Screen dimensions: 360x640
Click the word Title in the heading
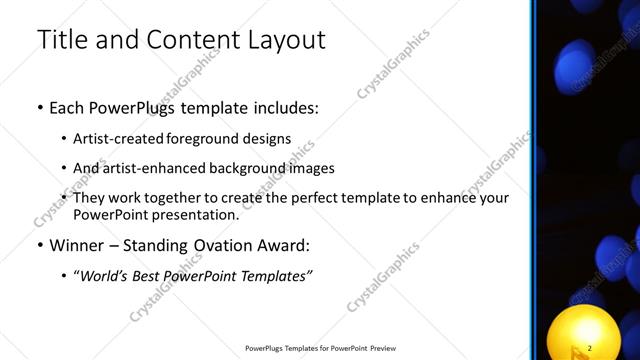(x=62, y=40)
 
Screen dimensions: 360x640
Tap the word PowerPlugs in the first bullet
(x=134, y=108)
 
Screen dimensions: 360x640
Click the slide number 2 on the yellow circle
(x=590, y=347)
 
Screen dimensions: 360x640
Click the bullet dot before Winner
(x=40, y=245)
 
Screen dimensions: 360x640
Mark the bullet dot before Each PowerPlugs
(x=40, y=108)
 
